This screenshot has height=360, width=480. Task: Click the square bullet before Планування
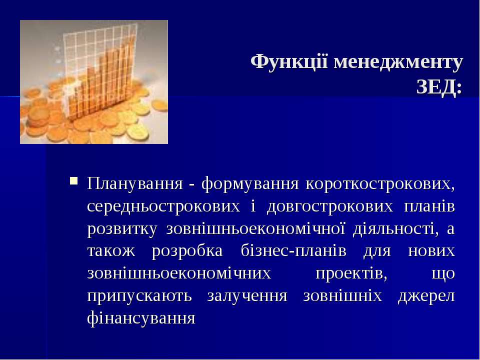[74, 180]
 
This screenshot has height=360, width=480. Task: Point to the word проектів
[351, 273]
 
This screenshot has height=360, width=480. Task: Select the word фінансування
[141, 318]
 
